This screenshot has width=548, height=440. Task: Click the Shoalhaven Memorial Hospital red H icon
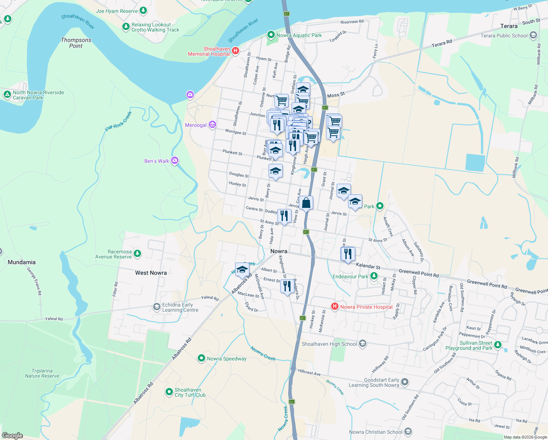(x=236, y=51)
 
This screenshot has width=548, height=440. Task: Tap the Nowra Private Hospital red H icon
(x=334, y=307)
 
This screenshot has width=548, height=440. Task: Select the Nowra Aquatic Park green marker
(x=271, y=35)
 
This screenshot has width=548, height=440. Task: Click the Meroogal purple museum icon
(x=212, y=125)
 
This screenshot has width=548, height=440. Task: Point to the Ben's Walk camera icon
(x=175, y=161)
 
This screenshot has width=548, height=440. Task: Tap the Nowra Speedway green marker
(x=201, y=358)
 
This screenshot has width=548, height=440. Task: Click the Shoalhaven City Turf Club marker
(x=169, y=392)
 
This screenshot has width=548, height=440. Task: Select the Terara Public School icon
(x=533, y=36)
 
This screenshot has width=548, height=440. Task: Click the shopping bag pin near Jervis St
(x=306, y=203)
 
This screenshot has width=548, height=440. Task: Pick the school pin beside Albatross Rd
(x=242, y=269)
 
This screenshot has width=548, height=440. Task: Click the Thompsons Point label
(x=76, y=43)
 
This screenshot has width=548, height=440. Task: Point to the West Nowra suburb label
(x=151, y=273)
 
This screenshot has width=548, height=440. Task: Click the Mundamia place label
(x=22, y=262)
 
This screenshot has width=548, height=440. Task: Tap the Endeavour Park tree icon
(x=374, y=276)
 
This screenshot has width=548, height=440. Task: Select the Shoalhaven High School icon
(x=363, y=344)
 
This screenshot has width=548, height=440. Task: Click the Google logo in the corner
(x=12, y=435)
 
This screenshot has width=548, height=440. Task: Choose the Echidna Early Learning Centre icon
(x=157, y=307)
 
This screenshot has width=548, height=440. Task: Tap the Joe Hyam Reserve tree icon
(x=143, y=11)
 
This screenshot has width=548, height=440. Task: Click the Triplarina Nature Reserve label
(x=42, y=373)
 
